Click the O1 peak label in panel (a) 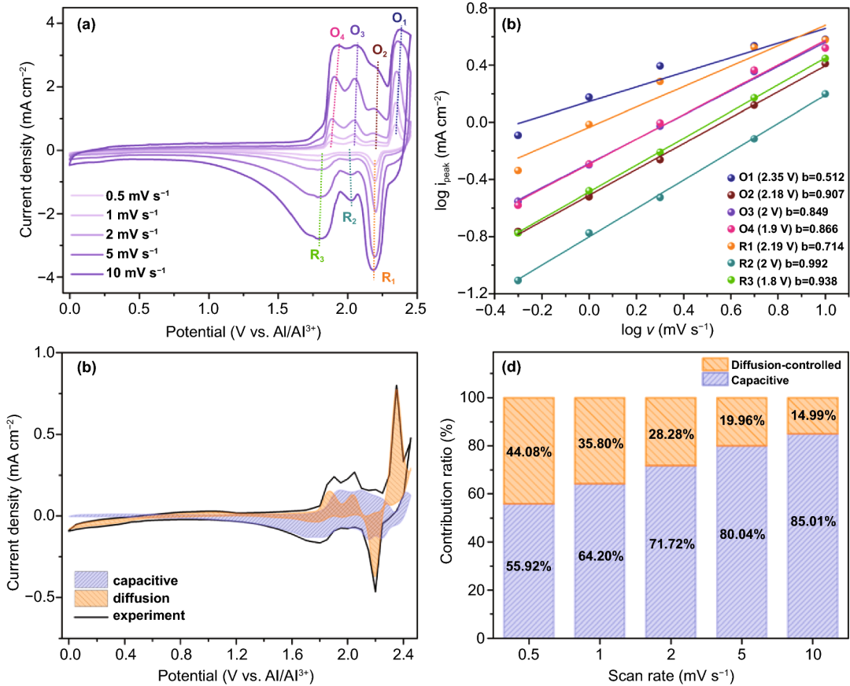pos(400,18)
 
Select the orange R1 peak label pos(389,278)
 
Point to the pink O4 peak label pos(337,33)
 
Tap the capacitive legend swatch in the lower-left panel pos(94,581)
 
